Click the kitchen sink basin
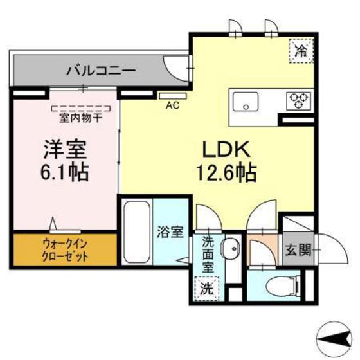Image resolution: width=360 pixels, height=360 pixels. [x=246, y=101]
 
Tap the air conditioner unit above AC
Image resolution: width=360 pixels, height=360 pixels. [x=172, y=94]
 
